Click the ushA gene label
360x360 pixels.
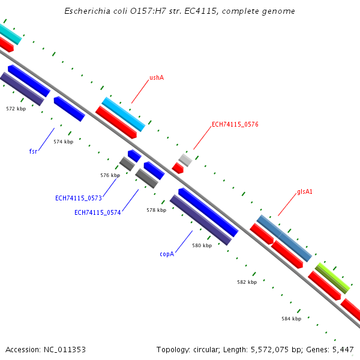157,77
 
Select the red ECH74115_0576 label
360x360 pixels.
235,125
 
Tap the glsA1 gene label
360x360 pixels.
305,192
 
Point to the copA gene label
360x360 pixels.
167,254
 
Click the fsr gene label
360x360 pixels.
33,151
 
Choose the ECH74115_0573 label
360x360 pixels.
79,198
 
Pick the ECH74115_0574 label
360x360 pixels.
98,212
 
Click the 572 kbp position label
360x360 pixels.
16,109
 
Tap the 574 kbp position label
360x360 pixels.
63,142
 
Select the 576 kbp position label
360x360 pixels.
110,175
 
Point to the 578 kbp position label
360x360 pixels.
156,211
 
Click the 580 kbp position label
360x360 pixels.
202,245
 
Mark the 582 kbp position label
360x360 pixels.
247,282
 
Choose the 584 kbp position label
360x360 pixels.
291,319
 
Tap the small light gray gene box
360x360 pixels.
185,160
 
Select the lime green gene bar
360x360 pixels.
332,278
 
